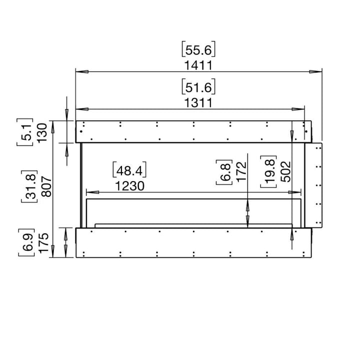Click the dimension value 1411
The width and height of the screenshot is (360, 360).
click(198, 65)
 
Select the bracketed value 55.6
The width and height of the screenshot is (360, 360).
click(198, 50)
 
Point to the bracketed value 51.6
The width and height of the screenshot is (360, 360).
click(198, 87)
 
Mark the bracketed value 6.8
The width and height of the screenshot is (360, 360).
click(224, 172)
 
